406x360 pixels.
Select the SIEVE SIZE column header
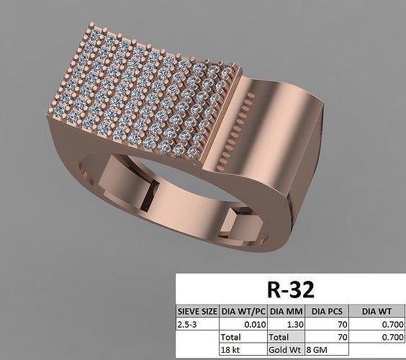[197, 312]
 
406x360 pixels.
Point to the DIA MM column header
[285, 312]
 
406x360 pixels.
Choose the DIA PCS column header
[328, 312]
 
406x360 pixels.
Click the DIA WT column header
[377, 312]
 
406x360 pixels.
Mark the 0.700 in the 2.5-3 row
[392, 324]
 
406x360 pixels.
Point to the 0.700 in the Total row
[392, 336]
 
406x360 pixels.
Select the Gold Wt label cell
[282, 348]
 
